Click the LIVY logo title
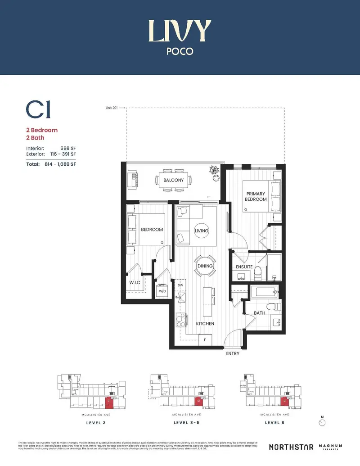pyautogui.click(x=180, y=31)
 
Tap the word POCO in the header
pyautogui.click(x=180, y=51)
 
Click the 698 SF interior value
pyautogui.click(x=67, y=148)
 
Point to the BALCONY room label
pyautogui.click(x=173, y=180)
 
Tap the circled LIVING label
pyautogui.click(x=202, y=231)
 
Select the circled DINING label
pyautogui.click(x=205, y=266)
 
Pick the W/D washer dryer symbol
pyautogui.click(x=161, y=290)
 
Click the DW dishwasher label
pyautogui.click(x=180, y=285)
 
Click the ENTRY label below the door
pyautogui.click(x=233, y=353)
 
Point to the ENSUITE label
pyautogui.click(x=244, y=267)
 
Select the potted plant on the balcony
pyautogui.click(x=214, y=171)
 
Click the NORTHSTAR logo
pyautogui.click(x=291, y=447)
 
